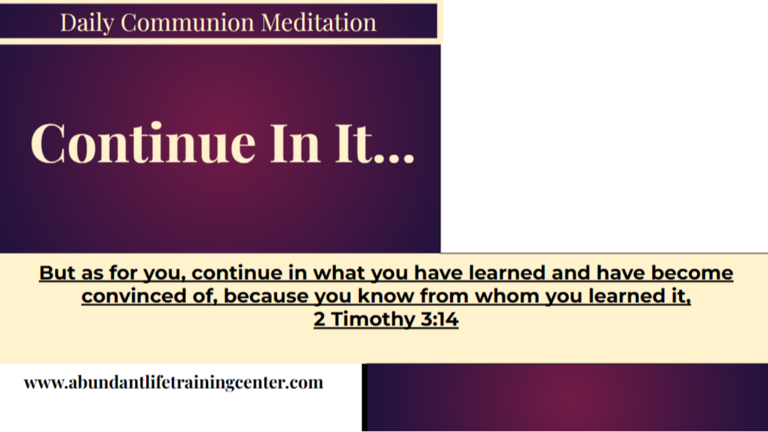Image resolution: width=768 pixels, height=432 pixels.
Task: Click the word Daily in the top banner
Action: click(88, 23)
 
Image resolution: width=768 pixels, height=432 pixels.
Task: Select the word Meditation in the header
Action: click(319, 23)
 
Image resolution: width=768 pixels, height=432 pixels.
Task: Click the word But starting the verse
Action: click(57, 273)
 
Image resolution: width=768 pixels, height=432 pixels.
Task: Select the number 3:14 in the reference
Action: click(438, 320)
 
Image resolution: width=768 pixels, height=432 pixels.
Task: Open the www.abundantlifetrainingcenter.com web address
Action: click(173, 383)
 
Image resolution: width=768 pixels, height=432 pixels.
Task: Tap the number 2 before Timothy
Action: click(320, 320)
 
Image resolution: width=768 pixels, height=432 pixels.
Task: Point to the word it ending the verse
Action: click(682, 296)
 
